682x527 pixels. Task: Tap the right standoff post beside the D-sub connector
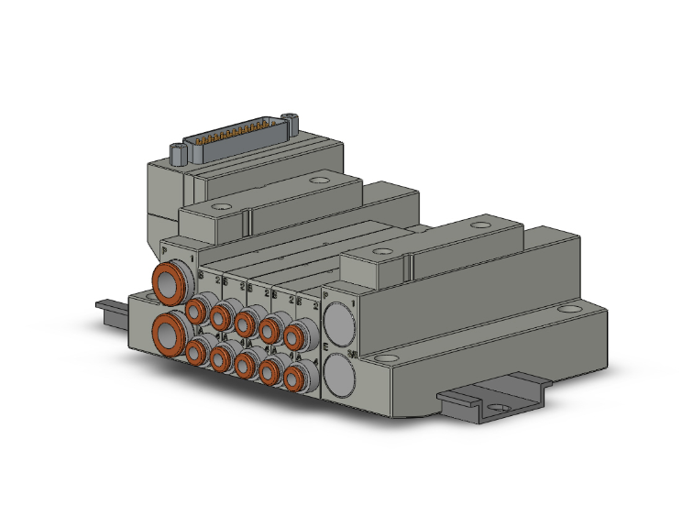(292, 119)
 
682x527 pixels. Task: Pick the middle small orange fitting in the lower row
(246, 364)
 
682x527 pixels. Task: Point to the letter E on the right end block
(326, 346)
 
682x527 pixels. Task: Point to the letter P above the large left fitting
(164, 251)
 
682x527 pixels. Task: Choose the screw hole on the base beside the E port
(386, 356)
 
